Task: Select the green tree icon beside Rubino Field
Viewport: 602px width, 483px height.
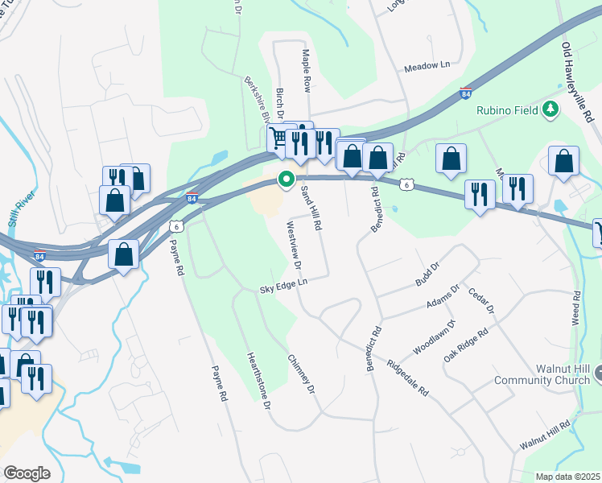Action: [550, 108]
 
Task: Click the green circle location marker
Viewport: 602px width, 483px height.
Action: [285, 180]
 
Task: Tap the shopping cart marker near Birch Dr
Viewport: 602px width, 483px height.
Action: [278, 138]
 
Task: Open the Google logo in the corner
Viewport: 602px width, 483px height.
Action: [26, 473]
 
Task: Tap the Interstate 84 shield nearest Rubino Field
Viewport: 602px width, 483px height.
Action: [466, 93]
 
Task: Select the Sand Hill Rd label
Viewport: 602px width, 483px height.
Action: [311, 207]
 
